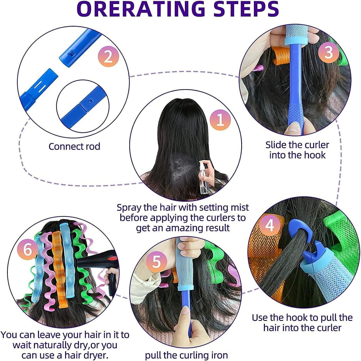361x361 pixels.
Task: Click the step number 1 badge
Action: point(220,120)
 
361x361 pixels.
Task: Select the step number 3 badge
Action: point(329,53)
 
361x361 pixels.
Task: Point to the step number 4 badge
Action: point(269,225)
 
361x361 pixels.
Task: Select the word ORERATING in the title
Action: point(141,9)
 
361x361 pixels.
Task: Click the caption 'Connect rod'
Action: point(74,147)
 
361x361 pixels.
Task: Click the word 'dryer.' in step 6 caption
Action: point(96,355)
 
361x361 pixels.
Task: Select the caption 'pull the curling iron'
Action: point(186,355)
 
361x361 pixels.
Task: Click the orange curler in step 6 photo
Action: point(58,269)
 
